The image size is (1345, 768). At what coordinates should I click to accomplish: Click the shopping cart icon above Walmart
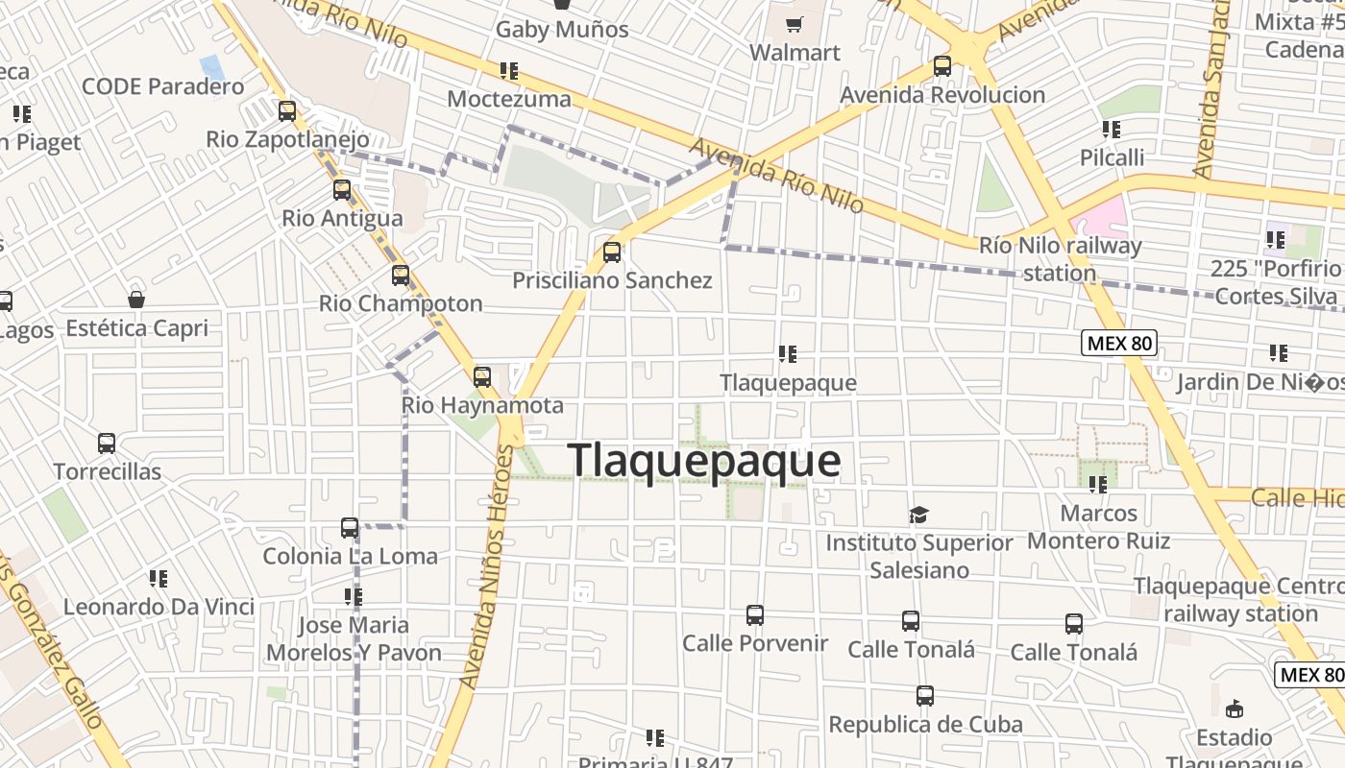click(x=795, y=25)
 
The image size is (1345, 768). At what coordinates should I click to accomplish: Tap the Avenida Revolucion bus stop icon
click(x=942, y=66)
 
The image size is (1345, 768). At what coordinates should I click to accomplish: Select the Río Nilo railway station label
click(x=1060, y=259)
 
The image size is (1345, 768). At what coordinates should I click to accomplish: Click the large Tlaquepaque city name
click(x=704, y=461)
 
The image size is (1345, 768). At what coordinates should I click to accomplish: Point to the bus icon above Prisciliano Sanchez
click(x=612, y=252)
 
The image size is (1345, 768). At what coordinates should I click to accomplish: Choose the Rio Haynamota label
click(x=482, y=405)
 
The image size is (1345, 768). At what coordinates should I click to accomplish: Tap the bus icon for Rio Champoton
click(x=401, y=276)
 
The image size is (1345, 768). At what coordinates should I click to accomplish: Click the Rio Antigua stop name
click(x=342, y=218)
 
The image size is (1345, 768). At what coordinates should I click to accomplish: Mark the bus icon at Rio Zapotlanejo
click(x=287, y=111)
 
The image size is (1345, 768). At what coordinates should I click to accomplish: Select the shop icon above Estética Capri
click(x=136, y=300)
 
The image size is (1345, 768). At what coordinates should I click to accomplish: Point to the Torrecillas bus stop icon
click(x=107, y=444)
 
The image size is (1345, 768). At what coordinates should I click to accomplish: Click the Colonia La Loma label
click(x=350, y=556)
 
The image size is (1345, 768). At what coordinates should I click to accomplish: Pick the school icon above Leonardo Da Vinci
click(x=159, y=578)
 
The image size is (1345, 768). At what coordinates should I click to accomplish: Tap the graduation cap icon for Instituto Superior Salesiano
click(x=919, y=516)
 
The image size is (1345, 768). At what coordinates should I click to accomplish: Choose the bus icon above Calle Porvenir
click(x=755, y=614)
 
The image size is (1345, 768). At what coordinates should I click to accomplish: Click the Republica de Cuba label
click(x=925, y=724)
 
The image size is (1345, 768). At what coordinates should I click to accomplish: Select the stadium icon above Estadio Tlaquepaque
click(x=1235, y=709)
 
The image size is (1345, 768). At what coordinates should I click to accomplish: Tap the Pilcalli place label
click(x=1112, y=157)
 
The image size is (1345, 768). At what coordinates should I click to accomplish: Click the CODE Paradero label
click(x=163, y=86)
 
